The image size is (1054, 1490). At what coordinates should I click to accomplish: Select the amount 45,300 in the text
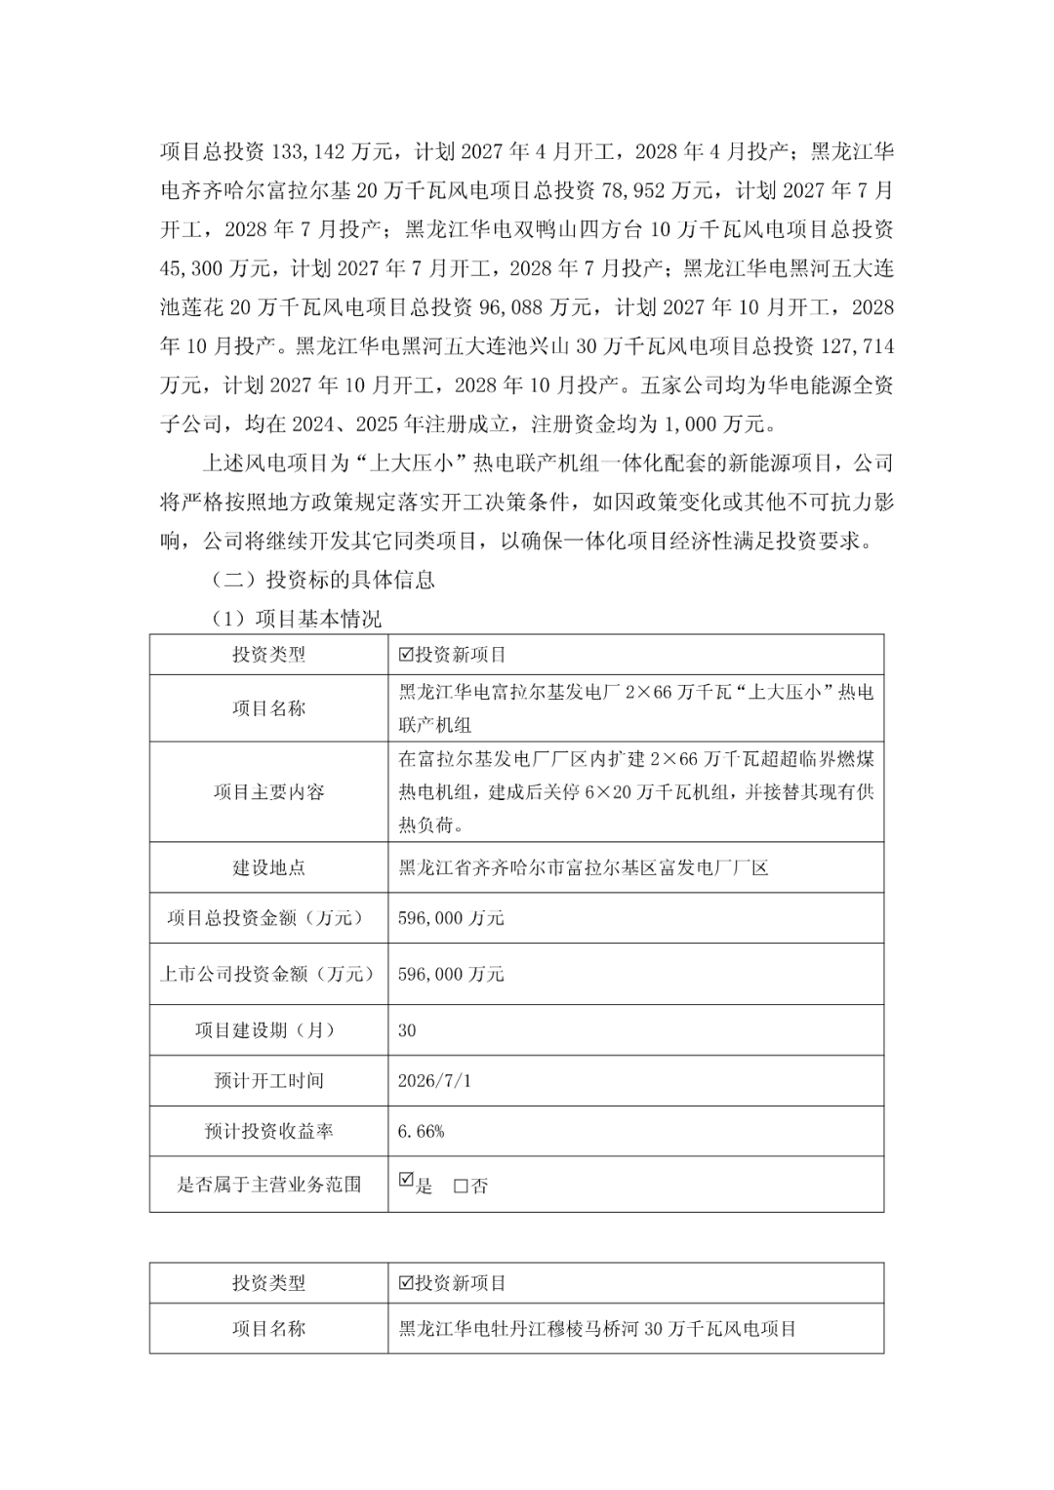(194, 268)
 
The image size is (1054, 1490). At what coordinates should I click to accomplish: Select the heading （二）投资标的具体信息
(323, 580)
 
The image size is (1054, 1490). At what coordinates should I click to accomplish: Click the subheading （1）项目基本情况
(297, 619)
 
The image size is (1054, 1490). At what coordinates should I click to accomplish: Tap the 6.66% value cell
(421, 1132)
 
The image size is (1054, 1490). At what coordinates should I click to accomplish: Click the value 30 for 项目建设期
(408, 1030)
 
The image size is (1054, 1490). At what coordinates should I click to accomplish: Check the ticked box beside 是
(407, 1181)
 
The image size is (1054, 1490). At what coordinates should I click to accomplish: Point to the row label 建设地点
(268, 867)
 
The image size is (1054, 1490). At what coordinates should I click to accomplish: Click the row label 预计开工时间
(268, 1081)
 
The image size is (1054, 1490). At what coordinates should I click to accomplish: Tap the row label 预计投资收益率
(268, 1132)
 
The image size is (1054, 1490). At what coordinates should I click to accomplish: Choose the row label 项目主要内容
(268, 791)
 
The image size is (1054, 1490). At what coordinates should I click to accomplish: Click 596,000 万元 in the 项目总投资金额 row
(451, 918)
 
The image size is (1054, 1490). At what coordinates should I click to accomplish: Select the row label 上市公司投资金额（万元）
(268, 974)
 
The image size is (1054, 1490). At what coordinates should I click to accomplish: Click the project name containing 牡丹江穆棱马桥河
(597, 1329)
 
